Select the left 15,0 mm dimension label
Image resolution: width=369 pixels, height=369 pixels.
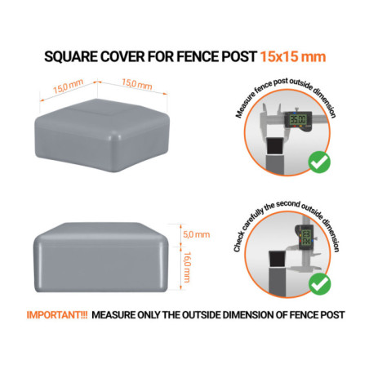(x=56, y=88)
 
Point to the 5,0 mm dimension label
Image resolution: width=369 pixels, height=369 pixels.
(x=196, y=235)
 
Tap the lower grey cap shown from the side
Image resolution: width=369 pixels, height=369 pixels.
(x=104, y=256)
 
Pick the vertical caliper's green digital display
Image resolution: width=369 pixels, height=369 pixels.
(x=306, y=239)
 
